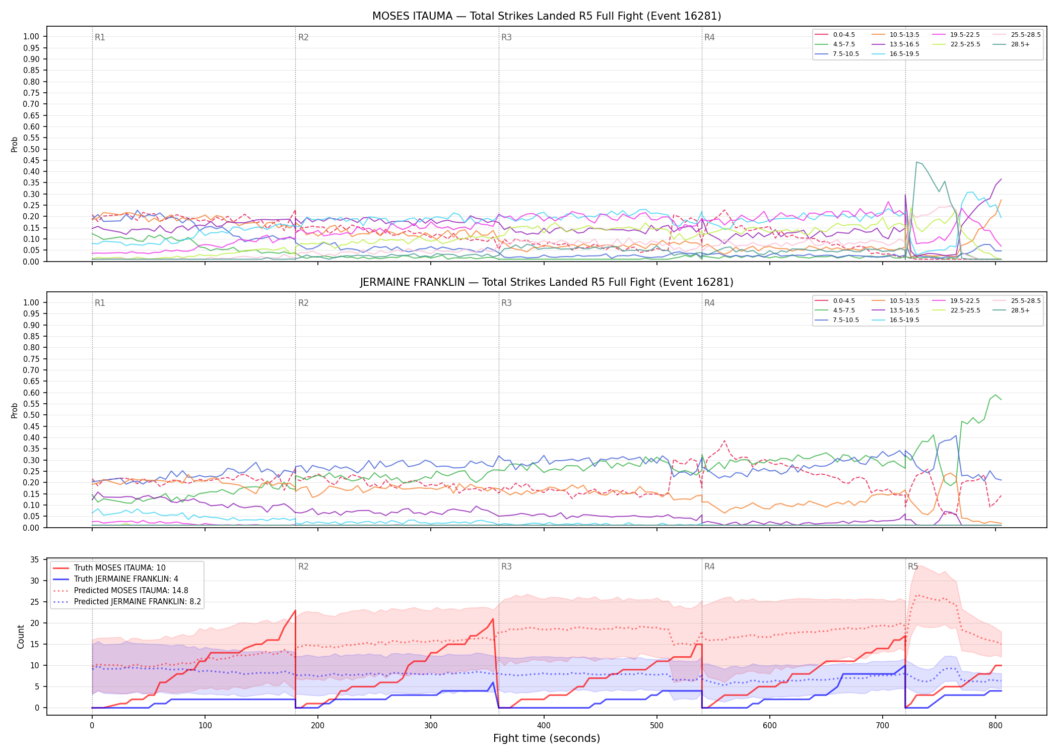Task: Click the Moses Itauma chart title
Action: click(547, 16)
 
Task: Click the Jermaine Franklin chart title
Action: click(547, 282)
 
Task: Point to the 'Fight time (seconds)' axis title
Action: click(547, 738)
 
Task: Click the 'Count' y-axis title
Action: click(21, 637)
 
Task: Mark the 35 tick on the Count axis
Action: click(35, 559)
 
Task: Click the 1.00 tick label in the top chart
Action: click(31, 36)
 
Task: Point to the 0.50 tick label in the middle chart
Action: click(31, 415)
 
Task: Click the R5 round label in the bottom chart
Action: click(913, 566)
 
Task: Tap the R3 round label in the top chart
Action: click(506, 37)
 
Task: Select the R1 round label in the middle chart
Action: click(100, 303)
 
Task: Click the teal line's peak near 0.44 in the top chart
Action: click(917, 162)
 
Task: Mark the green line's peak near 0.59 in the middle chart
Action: click(995, 395)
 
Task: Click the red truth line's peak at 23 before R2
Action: click(295, 610)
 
